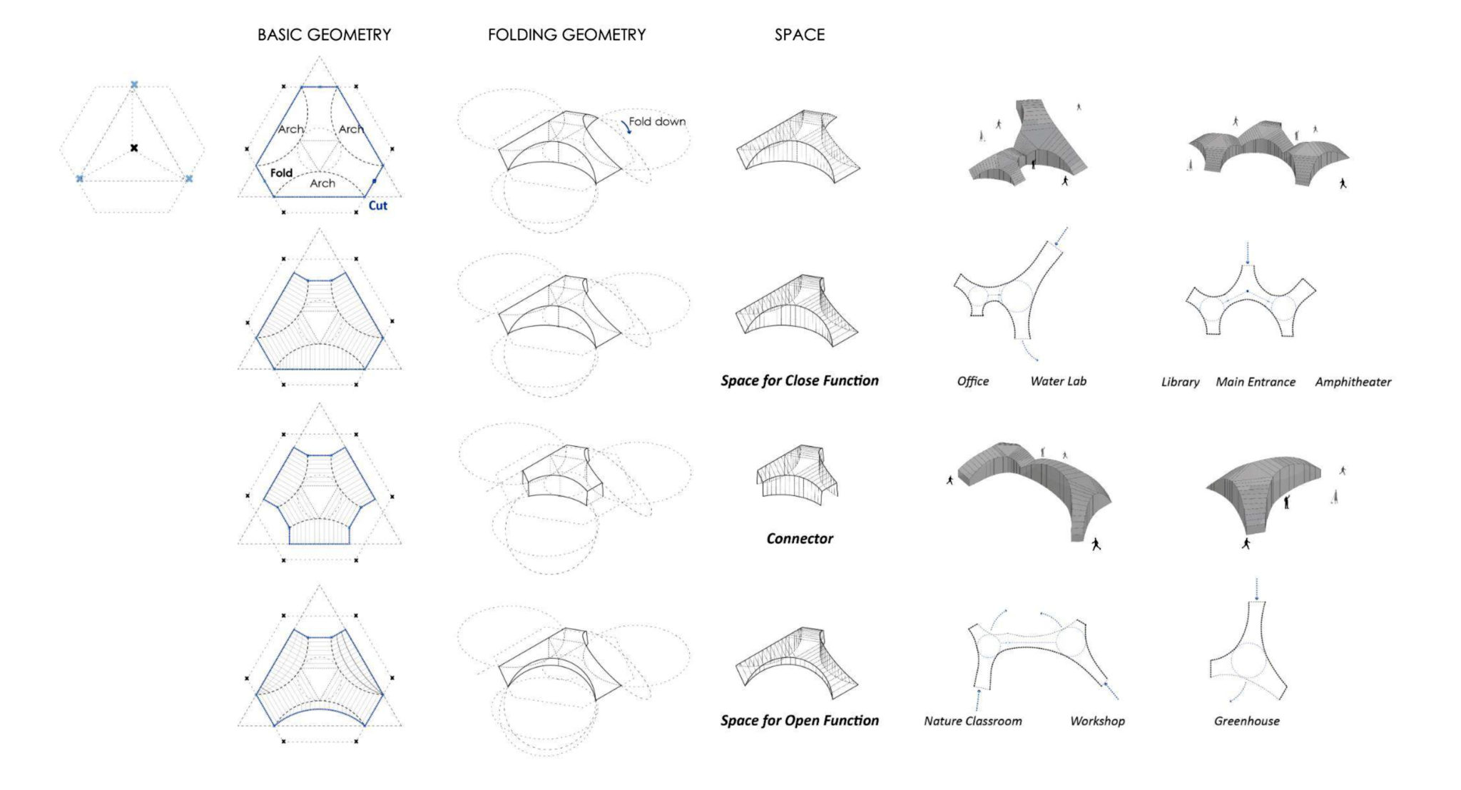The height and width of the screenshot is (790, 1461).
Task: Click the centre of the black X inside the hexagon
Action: [133, 148]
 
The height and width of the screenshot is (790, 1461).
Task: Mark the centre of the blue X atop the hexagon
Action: [134, 85]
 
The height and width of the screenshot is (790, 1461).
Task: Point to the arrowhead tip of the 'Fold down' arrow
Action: [630, 133]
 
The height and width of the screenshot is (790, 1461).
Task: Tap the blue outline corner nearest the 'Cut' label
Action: [365, 196]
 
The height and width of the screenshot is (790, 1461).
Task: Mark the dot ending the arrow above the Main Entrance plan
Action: [1248, 263]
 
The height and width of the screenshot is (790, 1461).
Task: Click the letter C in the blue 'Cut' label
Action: [372, 206]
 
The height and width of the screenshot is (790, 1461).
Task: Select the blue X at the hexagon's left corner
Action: [79, 178]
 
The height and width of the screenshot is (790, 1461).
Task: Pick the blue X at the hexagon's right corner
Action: [189, 178]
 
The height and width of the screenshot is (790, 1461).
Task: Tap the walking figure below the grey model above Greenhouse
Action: [1246, 544]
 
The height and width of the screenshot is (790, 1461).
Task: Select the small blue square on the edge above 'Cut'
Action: [375, 181]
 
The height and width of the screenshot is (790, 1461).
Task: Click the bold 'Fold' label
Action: [281, 173]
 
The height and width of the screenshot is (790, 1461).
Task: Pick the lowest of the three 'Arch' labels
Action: [322, 183]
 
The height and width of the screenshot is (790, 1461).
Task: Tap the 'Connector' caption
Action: [800, 539]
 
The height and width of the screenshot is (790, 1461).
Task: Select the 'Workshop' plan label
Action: [1097, 721]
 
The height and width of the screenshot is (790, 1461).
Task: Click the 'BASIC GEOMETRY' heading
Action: [325, 35]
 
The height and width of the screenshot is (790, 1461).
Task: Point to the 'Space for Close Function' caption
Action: [800, 380]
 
